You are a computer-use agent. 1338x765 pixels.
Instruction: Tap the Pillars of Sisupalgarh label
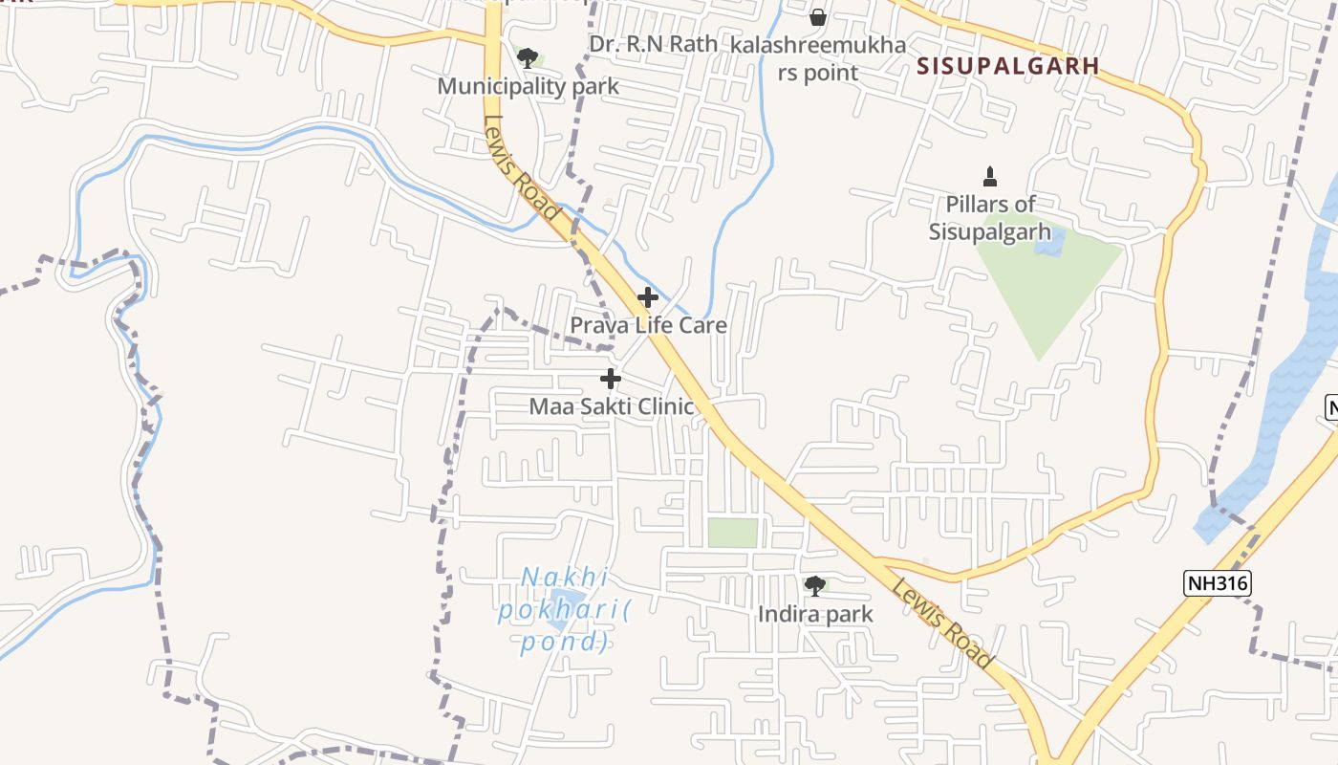point(990,218)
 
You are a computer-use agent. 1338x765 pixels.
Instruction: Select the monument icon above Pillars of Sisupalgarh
point(990,177)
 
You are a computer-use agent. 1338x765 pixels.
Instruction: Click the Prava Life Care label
point(648,325)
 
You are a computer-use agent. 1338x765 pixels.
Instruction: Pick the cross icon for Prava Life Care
point(648,297)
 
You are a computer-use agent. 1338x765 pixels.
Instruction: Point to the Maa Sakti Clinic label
point(612,406)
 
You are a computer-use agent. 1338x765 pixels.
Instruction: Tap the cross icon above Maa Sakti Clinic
point(611,379)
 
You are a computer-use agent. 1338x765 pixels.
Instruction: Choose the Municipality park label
point(528,86)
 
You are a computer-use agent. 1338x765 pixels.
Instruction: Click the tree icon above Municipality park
point(527,58)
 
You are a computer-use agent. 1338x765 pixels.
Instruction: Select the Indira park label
point(815,614)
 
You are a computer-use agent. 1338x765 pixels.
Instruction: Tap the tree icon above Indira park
point(815,586)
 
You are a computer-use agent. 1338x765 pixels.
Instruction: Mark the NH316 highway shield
point(1217,583)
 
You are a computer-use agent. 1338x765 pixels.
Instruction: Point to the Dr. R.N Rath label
point(653,44)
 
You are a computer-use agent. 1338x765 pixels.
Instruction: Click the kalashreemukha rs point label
point(818,58)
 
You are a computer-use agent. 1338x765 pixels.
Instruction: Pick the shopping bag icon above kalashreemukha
point(818,17)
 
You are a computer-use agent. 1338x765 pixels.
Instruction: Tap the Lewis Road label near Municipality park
point(521,169)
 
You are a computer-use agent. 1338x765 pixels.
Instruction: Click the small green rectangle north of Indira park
point(732,533)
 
